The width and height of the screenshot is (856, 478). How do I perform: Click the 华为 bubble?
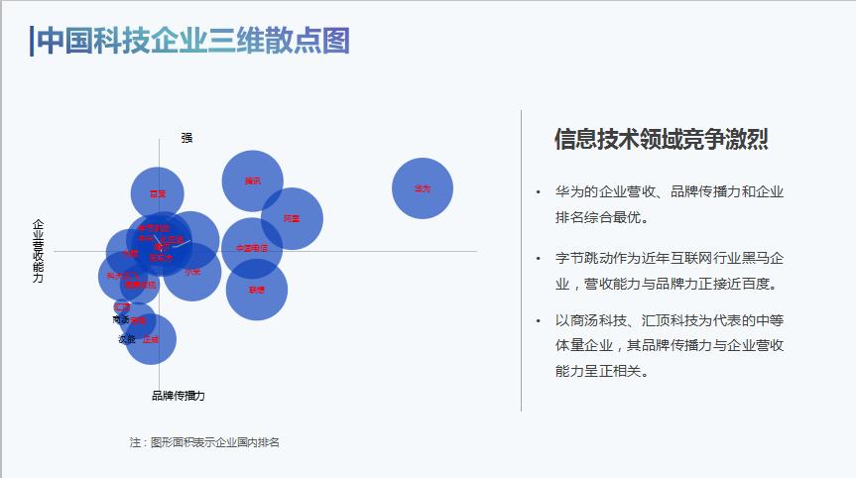coord(423,188)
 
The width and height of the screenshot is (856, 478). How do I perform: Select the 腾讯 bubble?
coord(253,180)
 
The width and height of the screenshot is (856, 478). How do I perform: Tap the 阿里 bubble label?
coord(292,218)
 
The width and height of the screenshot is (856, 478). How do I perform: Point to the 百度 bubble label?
coord(158,194)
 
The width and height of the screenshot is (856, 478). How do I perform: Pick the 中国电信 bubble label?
coord(252,248)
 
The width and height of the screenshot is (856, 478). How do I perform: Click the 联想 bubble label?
coord(257,291)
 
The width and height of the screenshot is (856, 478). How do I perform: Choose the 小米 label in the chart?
coord(192,272)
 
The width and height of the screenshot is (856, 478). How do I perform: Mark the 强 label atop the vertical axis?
coord(186,138)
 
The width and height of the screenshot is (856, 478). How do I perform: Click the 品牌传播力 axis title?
coord(179,395)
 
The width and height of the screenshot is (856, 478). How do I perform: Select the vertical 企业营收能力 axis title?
coord(39,252)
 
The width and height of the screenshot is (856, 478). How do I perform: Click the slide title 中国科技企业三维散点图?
coord(193,41)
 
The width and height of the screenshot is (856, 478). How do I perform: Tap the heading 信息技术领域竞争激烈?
coord(661,140)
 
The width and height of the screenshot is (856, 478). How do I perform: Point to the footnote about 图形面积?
coord(204,442)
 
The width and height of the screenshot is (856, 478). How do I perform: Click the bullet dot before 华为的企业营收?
coord(537,192)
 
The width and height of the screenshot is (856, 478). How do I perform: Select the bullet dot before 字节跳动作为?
coord(537,259)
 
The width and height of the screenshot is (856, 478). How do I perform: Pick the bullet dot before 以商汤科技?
coord(537,321)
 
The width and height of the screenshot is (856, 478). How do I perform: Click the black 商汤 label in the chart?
coord(121,320)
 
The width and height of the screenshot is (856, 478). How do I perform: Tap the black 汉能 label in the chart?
coord(127,339)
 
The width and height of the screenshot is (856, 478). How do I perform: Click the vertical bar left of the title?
coord(32,41)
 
